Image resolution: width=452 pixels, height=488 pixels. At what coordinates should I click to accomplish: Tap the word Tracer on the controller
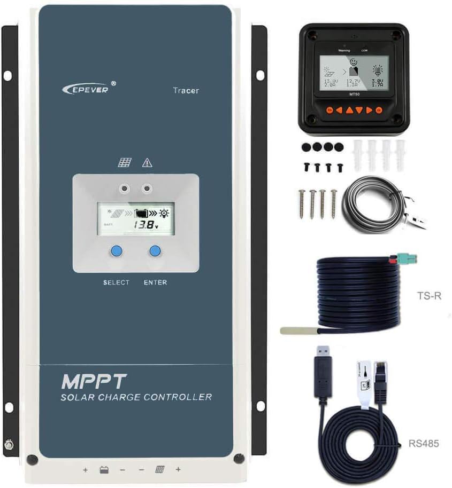186,90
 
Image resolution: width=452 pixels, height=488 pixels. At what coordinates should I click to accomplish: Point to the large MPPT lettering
94,381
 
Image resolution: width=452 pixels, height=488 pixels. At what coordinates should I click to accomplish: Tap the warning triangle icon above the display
147,163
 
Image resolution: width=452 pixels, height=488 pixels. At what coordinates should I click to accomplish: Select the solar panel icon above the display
124,163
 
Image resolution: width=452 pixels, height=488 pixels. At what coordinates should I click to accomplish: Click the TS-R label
428,295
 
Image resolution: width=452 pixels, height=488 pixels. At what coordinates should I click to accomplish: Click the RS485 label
424,443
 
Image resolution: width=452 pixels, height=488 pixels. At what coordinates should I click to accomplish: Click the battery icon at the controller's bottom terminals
104,470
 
